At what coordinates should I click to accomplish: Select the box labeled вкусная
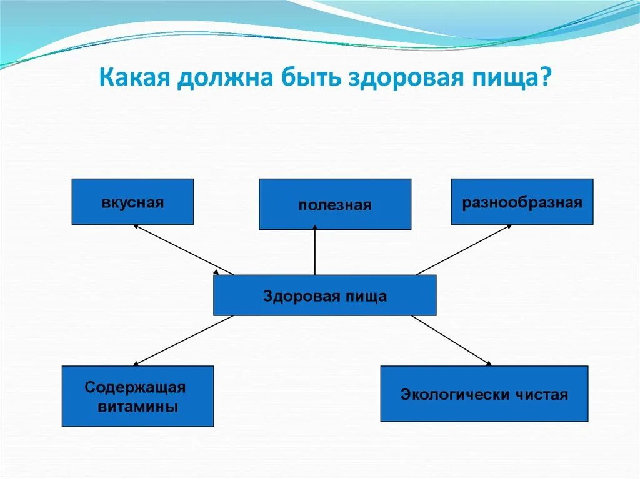(x=132, y=202)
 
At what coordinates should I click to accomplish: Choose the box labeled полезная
(x=335, y=204)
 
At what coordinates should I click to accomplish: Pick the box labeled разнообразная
(x=522, y=202)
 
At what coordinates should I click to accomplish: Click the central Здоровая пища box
(x=324, y=295)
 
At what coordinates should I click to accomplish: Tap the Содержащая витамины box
(x=137, y=397)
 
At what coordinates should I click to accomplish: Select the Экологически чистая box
(x=484, y=394)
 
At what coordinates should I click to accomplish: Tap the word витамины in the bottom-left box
(x=138, y=407)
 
